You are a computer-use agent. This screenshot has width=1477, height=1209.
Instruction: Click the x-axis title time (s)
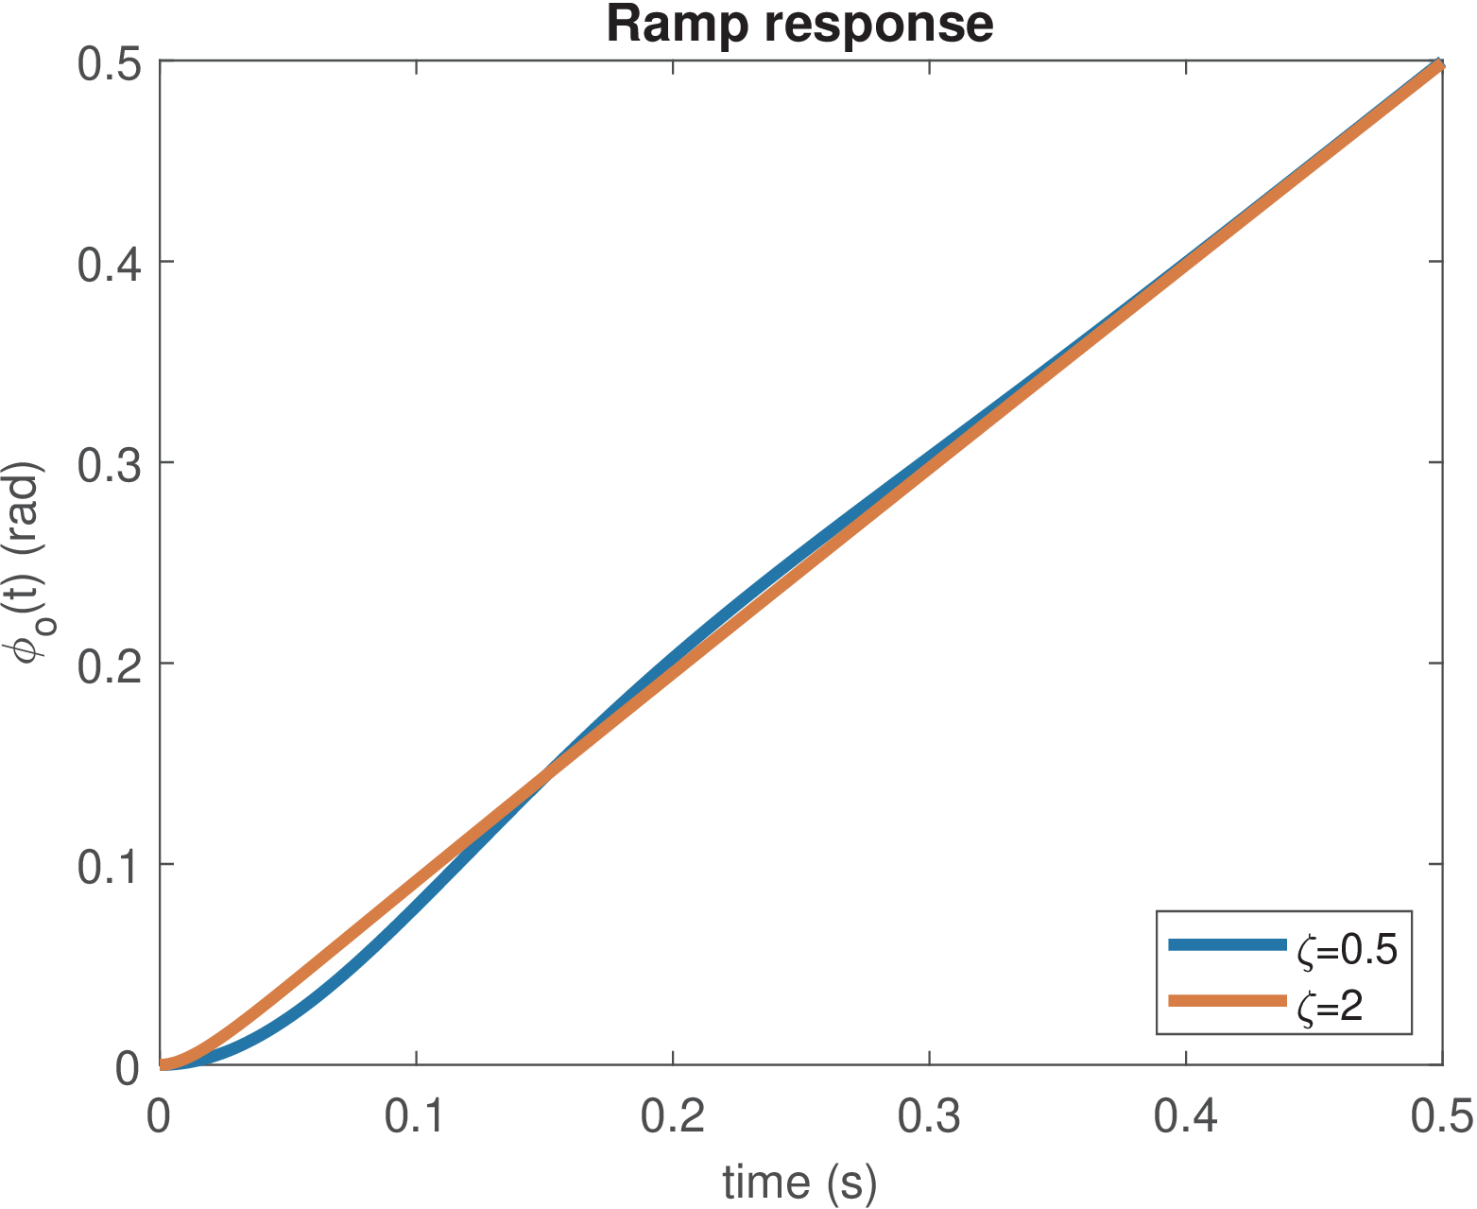[799, 1182]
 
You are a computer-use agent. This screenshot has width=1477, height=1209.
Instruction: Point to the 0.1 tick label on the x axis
[416, 1116]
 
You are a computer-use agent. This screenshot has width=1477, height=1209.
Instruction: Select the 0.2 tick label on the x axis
[673, 1116]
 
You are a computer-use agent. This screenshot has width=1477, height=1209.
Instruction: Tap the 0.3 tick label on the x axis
[930, 1116]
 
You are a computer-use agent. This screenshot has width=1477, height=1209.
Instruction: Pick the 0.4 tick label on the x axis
[1186, 1116]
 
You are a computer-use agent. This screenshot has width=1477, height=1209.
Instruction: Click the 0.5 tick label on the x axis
[1442, 1116]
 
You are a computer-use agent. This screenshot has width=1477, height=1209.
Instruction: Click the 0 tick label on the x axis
[159, 1116]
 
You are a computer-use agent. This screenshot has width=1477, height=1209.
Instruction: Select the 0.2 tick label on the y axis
[109, 664]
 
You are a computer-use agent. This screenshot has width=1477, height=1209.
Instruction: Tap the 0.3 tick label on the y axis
[109, 463]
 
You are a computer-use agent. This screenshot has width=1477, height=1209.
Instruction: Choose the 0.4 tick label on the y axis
[109, 262]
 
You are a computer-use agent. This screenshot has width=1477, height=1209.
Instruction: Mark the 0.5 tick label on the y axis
[109, 61]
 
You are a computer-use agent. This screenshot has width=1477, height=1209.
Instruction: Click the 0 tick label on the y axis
[128, 1067]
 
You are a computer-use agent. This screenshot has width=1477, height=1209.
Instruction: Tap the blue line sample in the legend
[1228, 944]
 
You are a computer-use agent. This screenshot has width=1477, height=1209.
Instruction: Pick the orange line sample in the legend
[1228, 1002]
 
